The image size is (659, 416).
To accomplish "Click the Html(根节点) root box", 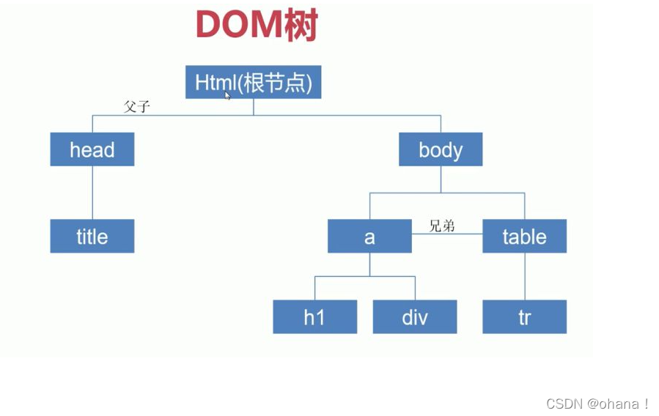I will tap(253, 82).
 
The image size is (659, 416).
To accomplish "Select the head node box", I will tap(92, 149).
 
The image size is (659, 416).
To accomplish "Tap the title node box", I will tap(92, 236).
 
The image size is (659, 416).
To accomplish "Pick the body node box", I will tap(441, 149).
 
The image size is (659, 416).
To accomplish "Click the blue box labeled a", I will tap(369, 236).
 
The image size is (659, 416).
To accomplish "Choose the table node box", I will tap(524, 236).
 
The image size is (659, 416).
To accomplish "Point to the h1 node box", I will tap(314, 317).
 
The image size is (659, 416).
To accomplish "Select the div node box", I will tap(415, 317).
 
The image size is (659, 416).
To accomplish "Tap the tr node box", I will tap(524, 317).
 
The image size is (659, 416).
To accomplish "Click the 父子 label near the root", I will tap(137, 107).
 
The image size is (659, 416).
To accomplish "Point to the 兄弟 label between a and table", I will tap(442, 226).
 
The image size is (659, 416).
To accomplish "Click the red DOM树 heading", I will tap(256, 26).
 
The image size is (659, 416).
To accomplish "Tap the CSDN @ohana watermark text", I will tap(598, 403).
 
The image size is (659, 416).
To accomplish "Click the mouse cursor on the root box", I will tap(228, 95).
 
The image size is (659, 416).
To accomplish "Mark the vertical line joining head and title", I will tap(92, 192).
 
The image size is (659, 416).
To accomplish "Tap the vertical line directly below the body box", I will tap(441, 179).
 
